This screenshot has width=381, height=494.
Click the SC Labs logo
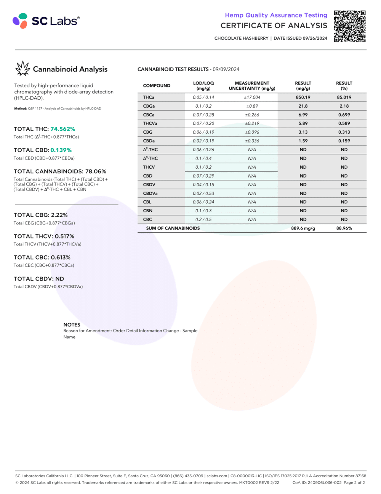[x=46, y=21]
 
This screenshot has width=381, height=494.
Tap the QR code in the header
[x=350, y=26]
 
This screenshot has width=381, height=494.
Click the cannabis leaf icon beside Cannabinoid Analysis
[x=22, y=69]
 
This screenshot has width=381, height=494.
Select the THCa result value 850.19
[x=303, y=97]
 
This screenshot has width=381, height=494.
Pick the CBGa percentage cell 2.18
[x=344, y=106]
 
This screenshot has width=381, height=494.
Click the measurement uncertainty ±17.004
[x=252, y=97]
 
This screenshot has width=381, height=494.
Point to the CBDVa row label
[x=150, y=194]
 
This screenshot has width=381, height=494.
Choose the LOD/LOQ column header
[x=203, y=86]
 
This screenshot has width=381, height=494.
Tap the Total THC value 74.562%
[x=63, y=129]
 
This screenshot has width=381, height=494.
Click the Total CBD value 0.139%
[x=61, y=150]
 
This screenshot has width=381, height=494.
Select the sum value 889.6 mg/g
[x=303, y=228]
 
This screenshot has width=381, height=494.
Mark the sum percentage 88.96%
[x=344, y=228]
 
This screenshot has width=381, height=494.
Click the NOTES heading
[x=72, y=324]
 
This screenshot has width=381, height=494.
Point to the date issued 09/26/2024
[x=315, y=38]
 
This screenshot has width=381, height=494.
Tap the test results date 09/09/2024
[x=226, y=69]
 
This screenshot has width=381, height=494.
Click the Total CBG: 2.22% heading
[x=41, y=215]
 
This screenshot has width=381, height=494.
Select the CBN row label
[x=148, y=211]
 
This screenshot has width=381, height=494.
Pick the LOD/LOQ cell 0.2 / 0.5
[x=203, y=220]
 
